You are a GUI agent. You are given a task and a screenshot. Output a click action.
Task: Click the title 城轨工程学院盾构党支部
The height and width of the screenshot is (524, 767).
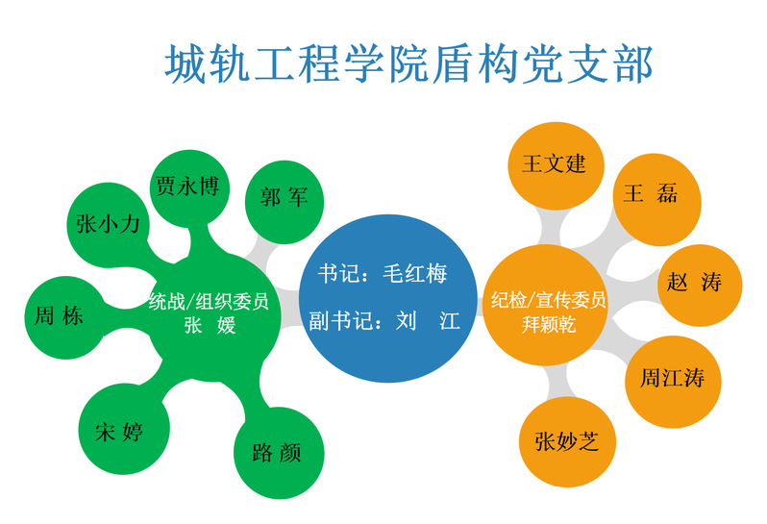pos(408,63)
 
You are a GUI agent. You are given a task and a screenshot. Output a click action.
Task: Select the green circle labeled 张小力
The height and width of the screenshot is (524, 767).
pos(108,225)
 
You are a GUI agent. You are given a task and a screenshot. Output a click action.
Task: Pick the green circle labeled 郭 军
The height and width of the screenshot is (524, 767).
pos(285,202)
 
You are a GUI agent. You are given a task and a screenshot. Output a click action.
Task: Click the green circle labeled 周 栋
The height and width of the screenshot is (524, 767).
pos(65,317)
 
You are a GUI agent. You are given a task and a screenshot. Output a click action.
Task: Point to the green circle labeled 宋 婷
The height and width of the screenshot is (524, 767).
pos(124,429)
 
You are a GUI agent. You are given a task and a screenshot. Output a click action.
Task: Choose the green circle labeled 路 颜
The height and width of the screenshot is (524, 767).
pos(279,453)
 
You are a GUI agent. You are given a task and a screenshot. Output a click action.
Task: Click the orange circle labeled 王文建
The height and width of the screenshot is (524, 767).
pos(557,165)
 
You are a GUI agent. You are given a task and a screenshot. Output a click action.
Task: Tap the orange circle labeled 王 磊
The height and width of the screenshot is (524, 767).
pos(656,199)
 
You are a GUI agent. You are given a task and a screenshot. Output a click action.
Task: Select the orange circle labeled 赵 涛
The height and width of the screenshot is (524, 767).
pos(701,285)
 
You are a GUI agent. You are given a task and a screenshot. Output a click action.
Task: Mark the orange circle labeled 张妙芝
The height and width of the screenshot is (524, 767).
pos(567,442)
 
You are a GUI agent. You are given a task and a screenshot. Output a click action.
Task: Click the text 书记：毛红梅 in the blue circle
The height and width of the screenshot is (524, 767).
pos(383,273)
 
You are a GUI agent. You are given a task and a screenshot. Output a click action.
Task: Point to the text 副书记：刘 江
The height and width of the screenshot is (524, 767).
pos(384,321)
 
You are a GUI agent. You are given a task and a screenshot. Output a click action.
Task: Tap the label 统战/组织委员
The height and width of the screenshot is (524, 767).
pos(209,301)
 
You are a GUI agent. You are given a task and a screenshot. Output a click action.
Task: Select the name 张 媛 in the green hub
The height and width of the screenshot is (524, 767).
pos(210,324)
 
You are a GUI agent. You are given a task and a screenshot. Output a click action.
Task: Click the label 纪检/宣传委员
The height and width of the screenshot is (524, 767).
pos(549,300)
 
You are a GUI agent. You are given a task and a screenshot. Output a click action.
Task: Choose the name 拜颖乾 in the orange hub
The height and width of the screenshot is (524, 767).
pos(549,324)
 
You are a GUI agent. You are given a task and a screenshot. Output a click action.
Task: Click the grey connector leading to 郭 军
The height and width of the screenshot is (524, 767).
pos(260,251)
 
